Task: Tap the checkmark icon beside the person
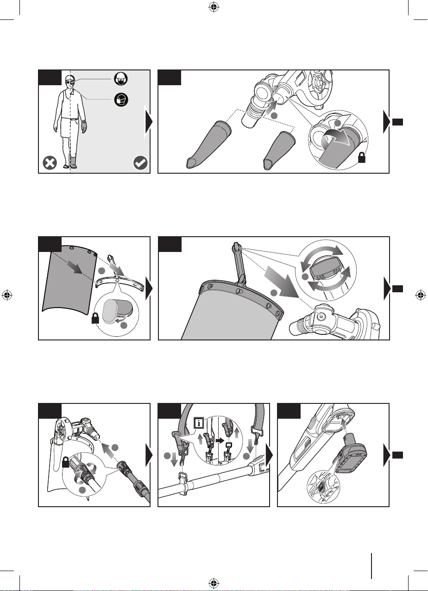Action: [x=139, y=163]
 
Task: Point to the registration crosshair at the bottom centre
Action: [x=214, y=583]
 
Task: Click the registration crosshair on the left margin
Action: [x=7, y=295]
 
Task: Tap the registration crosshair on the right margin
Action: [x=421, y=295]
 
